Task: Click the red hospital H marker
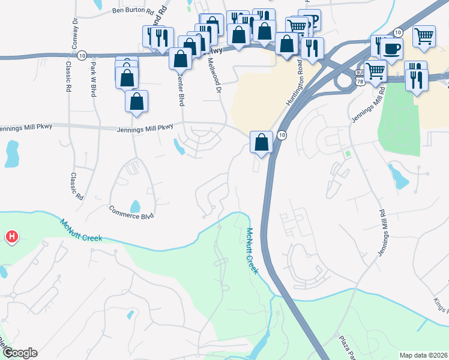(x=11, y=238)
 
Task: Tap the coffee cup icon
(x=391, y=49)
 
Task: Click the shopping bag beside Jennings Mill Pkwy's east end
(x=261, y=143)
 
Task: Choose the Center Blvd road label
(x=179, y=90)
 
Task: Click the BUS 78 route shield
(x=360, y=80)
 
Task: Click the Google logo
(x=20, y=353)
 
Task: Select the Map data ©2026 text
(x=423, y=355)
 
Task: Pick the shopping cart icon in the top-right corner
(x=424, y=35)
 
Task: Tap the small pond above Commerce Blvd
(x=135, y=206)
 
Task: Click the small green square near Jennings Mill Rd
(x=348, y=154)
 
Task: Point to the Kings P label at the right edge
(x=441, y=306)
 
